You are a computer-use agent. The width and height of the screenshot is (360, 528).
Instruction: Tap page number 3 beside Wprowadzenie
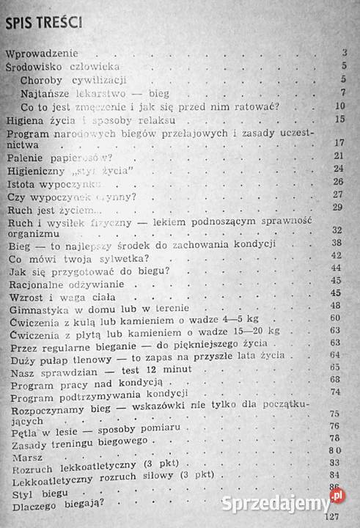point(344,52)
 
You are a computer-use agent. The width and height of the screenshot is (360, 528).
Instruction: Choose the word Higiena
point(25,120)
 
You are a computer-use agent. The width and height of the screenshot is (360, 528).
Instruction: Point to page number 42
point(337,255)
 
